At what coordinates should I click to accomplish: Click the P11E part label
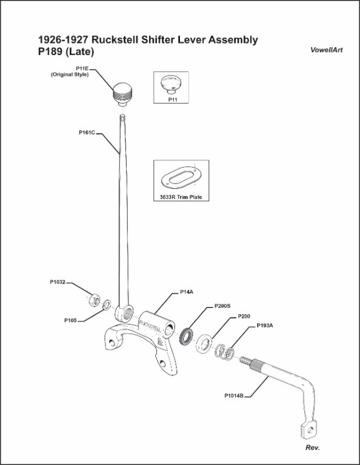pyautogui.click(x=82, y=68)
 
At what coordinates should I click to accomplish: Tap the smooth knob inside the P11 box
pyautogui.click(x=172, y=84)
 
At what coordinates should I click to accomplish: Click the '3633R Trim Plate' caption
pyautogui.click(x=181, y=197)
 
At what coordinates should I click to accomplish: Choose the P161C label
pyautogui.click(x=87, y=133)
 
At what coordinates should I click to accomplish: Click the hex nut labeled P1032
pyautogui.click(x=95, y=300)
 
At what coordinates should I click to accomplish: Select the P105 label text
pyautogui.click(x=70, y=320)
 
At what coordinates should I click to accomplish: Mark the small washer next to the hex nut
pyautogui.click(x=107, y=305)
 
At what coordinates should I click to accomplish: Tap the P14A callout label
pyautogui.click(x=187, y=292)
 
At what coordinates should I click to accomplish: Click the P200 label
pyautogui.click(x=244, y=317)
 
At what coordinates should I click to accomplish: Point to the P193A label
pyautogui.click(x=265, y=326)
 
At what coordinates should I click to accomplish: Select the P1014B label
pyautogui.click(x=234, y=395)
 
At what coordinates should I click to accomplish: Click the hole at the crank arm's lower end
pyautogui.click(x=310, y=429)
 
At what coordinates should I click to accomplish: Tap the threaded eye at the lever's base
pyautogui.click(x=124, y=313)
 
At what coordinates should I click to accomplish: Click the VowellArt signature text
pyautogui.click(x=327, y=50)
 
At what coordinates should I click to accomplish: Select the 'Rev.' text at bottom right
pyautogui.click(x=313, y=447)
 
